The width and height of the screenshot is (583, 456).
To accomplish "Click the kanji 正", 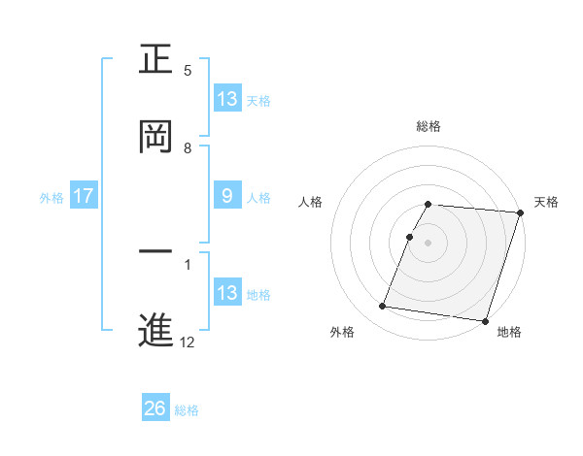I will pos(156,60).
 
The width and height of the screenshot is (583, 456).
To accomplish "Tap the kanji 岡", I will pos(156,138).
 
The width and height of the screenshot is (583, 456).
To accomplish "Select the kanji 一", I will pos(156,252).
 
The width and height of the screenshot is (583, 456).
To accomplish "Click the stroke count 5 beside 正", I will pos(188,71).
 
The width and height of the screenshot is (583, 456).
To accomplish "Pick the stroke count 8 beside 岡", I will pos(188,148).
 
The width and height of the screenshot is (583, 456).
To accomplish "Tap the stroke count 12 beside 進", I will pos(188,342).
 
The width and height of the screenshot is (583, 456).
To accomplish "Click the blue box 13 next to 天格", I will pos(227,99).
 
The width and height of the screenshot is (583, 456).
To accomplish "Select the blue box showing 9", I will pos(227,196).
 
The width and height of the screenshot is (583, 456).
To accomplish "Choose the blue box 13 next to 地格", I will pos(227,293).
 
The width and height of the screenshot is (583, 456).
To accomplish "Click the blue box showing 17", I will pos(84,196).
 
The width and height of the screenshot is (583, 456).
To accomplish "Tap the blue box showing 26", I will pos(155,408).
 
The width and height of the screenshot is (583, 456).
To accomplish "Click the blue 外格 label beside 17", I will pos(51,197).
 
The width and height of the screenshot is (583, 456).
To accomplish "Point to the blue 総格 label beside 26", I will pos(187,410).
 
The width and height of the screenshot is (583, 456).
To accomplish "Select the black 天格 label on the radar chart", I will pos(546,202).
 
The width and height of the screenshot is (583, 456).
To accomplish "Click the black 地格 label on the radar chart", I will pos(509,332).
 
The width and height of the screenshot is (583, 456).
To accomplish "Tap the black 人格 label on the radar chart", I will pos(310,202).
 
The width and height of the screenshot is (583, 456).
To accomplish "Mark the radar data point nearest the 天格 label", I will pos(519,212).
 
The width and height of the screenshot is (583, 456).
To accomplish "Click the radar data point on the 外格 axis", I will pos(383,307).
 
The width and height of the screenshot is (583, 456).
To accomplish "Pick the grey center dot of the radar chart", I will pos(429,242).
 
